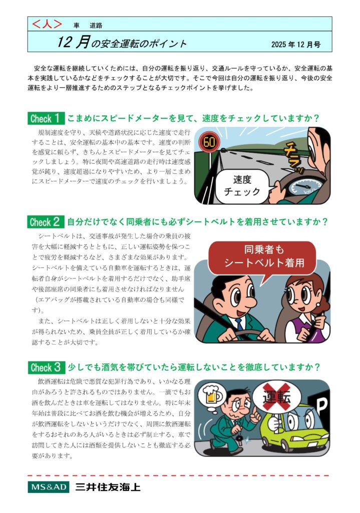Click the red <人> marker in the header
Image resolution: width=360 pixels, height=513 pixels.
tap(47, 24)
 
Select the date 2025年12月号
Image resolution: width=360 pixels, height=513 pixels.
tap(295, 45)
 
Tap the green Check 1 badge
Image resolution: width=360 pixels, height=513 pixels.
tap(46, 118)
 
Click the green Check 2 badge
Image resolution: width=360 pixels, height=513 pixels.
tap(46, 222)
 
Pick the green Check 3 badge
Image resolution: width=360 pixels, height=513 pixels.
tap(46, 367)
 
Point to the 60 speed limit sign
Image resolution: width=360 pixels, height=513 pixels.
tap(209, 142)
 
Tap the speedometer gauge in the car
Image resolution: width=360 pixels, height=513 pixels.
tap(305, 188)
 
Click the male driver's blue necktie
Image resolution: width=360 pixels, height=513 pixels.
tap(239, 324)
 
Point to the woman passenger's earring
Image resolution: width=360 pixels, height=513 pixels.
tap(317, 304)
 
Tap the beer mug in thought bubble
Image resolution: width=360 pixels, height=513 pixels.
tap(212, 395)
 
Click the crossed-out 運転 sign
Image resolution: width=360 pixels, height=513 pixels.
tap(276, 397)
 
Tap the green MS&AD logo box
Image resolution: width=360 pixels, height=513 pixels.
tap(49, 487)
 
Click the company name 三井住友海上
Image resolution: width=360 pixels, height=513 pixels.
tap(108, 487)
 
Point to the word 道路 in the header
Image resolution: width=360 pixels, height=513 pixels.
tap(96, 26)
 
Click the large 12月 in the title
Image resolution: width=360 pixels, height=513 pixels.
tap(74, 43)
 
